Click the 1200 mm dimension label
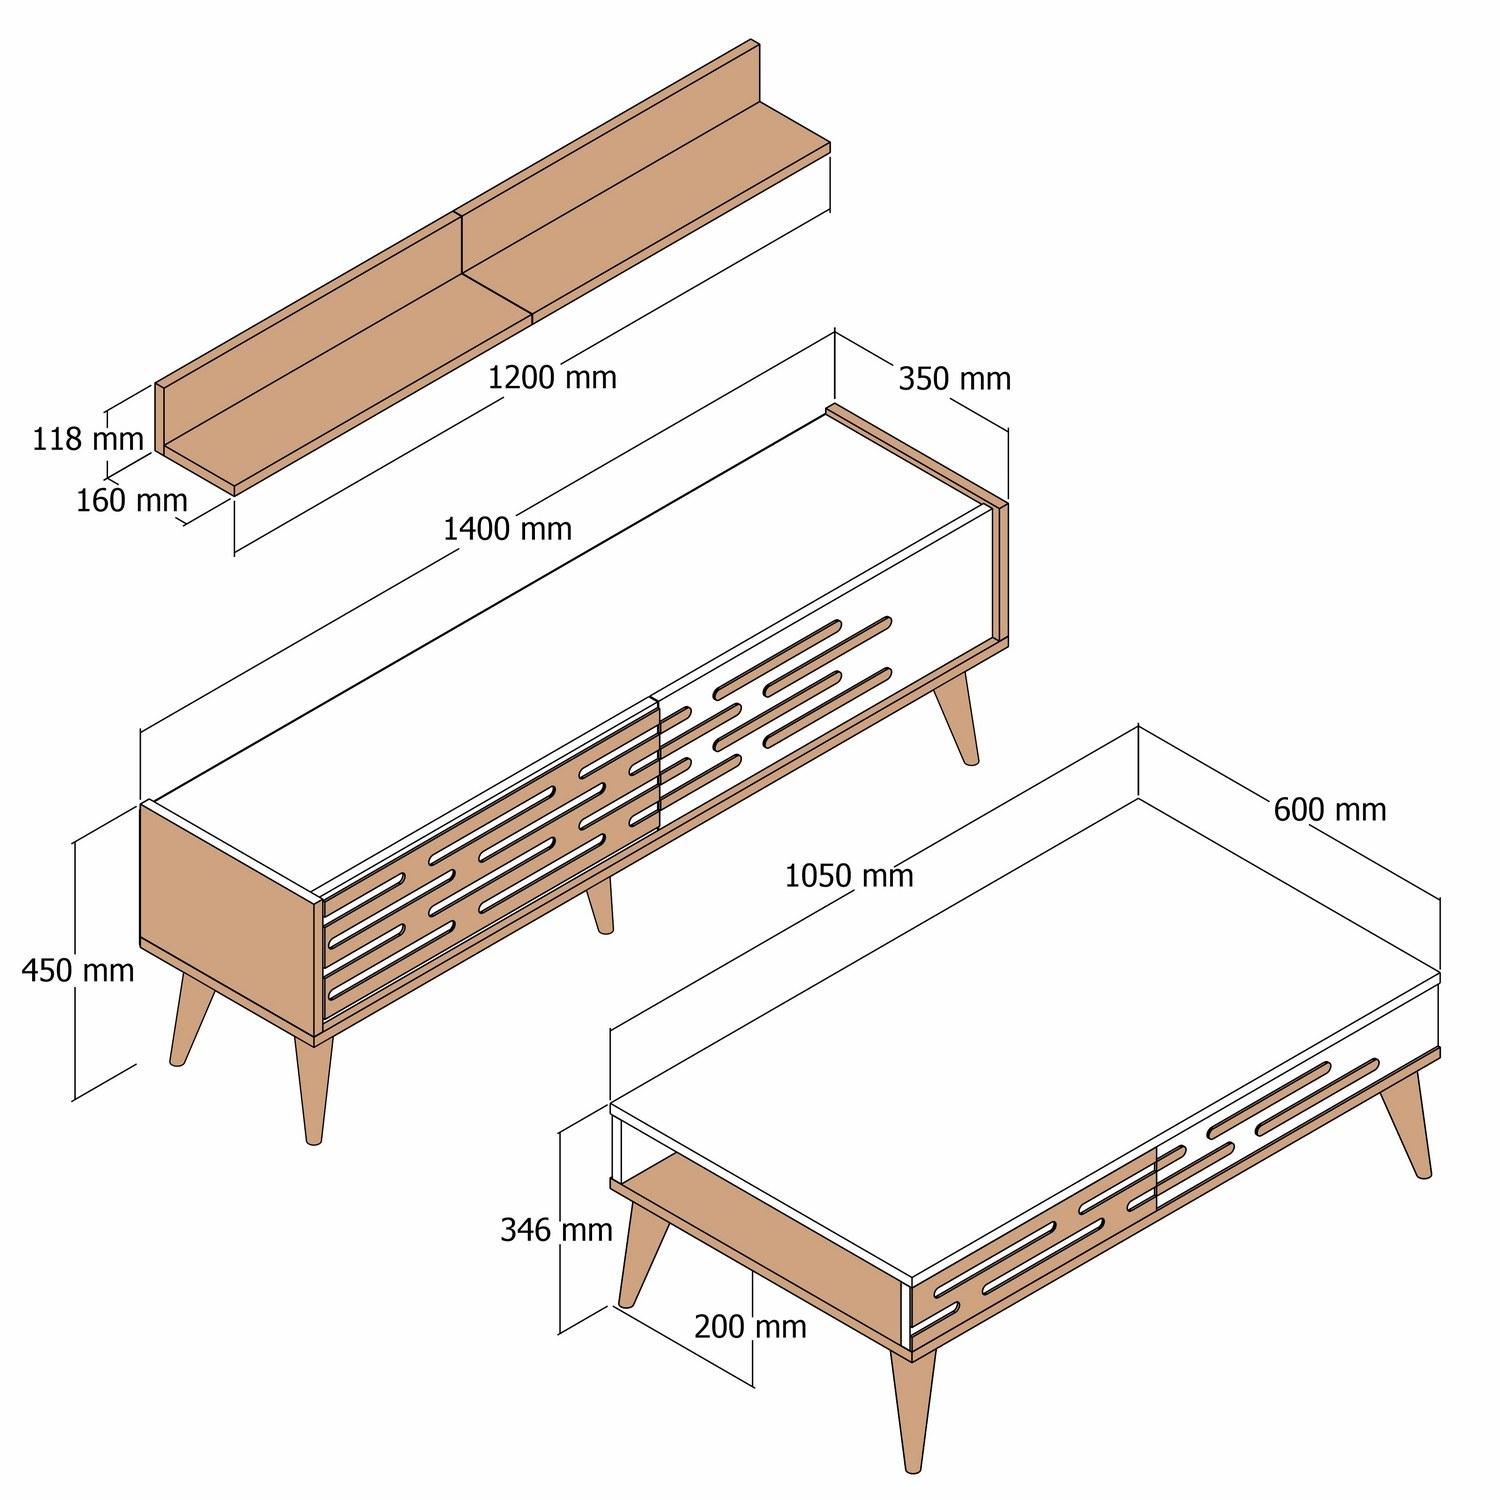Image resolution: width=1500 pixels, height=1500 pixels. [552, 377]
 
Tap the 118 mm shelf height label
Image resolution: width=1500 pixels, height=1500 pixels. [88, 438]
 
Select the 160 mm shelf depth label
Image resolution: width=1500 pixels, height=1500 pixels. [132, 500]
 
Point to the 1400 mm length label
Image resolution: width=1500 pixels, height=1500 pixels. [508, 528]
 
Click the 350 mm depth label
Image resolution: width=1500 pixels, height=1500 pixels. [954, 379]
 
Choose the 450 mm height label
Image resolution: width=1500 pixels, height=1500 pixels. [78, 969]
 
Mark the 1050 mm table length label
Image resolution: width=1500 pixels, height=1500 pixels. [849, 876]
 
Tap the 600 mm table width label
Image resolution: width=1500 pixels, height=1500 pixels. [1330, 809]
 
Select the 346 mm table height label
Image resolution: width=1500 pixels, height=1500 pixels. [556, 1229]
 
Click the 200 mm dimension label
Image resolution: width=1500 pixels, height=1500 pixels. [750, 1326]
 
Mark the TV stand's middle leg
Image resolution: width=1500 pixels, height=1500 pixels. [600, 905]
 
